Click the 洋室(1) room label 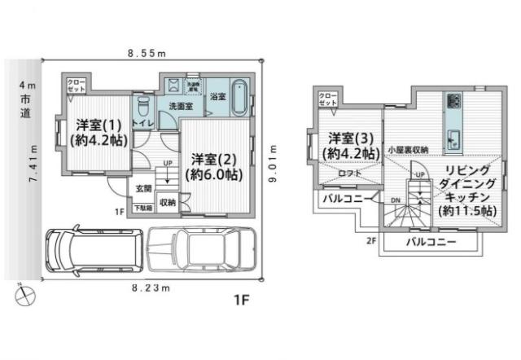pos(95,131)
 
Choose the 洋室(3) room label pos(350,145)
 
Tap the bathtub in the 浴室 pos(240,100)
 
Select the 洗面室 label pos(180,107)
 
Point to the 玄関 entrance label pos(144,188)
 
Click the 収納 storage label pos(168,203)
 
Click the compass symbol pos(22,294)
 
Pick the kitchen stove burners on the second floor pos(453,103)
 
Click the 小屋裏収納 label pos(408,150)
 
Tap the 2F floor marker pos(371,241)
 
